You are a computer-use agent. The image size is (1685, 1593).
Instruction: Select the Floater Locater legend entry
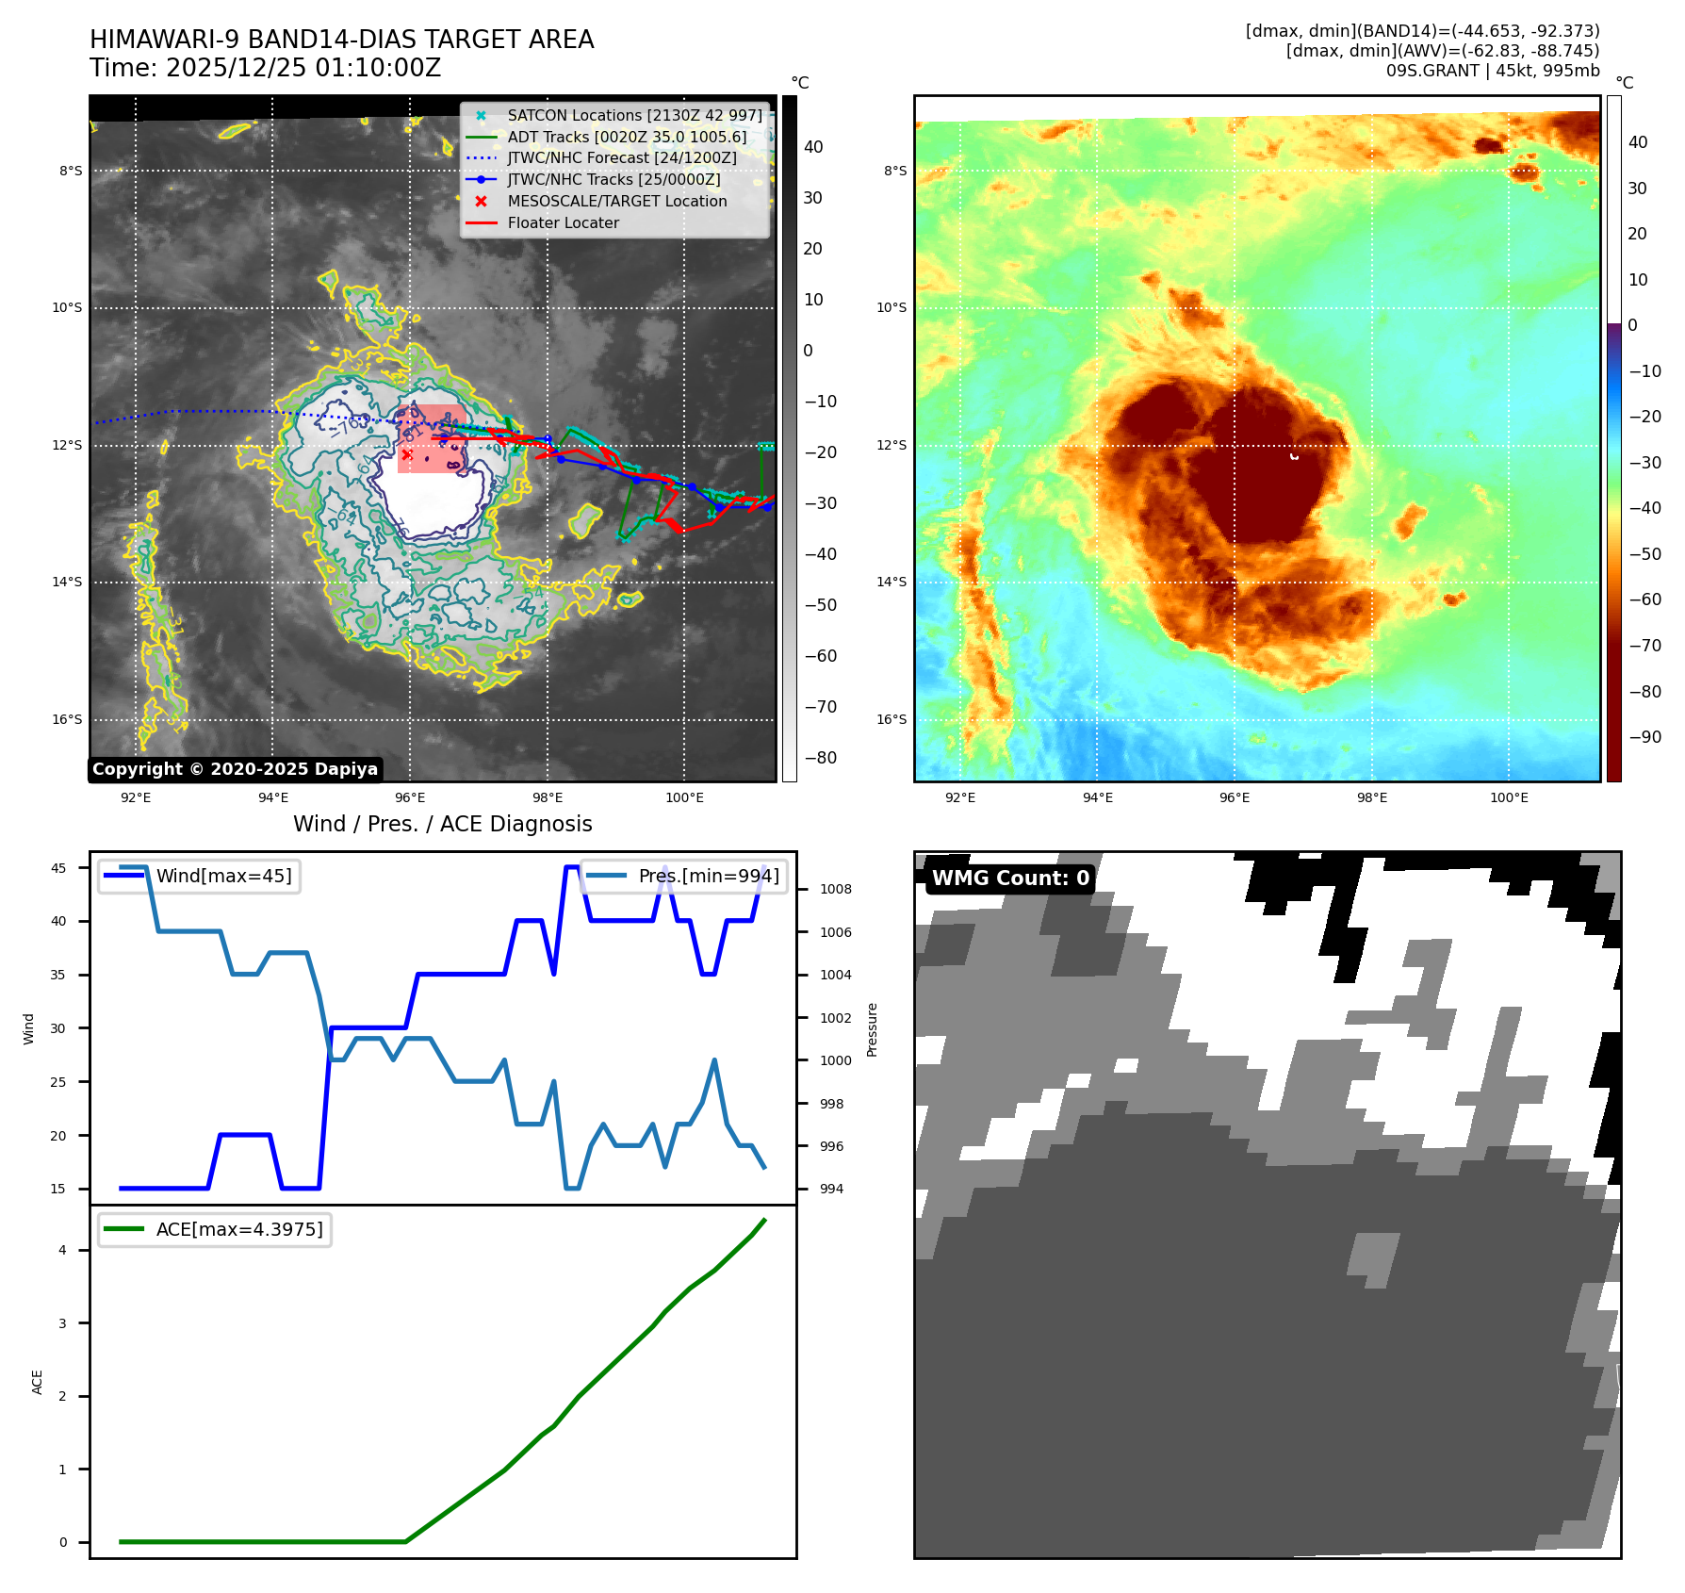tap(563, 223)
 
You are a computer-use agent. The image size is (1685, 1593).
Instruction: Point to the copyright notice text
tap(235, 769)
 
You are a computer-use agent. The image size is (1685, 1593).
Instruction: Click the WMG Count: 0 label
tap(1010, 879)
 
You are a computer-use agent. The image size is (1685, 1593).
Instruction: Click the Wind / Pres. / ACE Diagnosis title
tap(442, 824)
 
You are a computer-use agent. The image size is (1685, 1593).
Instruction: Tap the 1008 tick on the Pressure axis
tap(835, 889)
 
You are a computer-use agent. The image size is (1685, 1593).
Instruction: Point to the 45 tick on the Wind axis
tap(58, 868)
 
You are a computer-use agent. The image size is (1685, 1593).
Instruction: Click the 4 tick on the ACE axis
tap(63, 1250)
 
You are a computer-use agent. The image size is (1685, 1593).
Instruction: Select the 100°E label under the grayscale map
tap(684, 797)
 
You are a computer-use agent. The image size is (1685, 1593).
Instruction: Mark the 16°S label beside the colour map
tap(892, 719)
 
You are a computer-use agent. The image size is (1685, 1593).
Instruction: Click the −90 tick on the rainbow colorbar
tap(1645, 737)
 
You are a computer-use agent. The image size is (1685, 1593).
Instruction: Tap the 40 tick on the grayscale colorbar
tap(813, 147)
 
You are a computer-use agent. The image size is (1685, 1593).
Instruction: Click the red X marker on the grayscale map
tap(406, 454)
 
